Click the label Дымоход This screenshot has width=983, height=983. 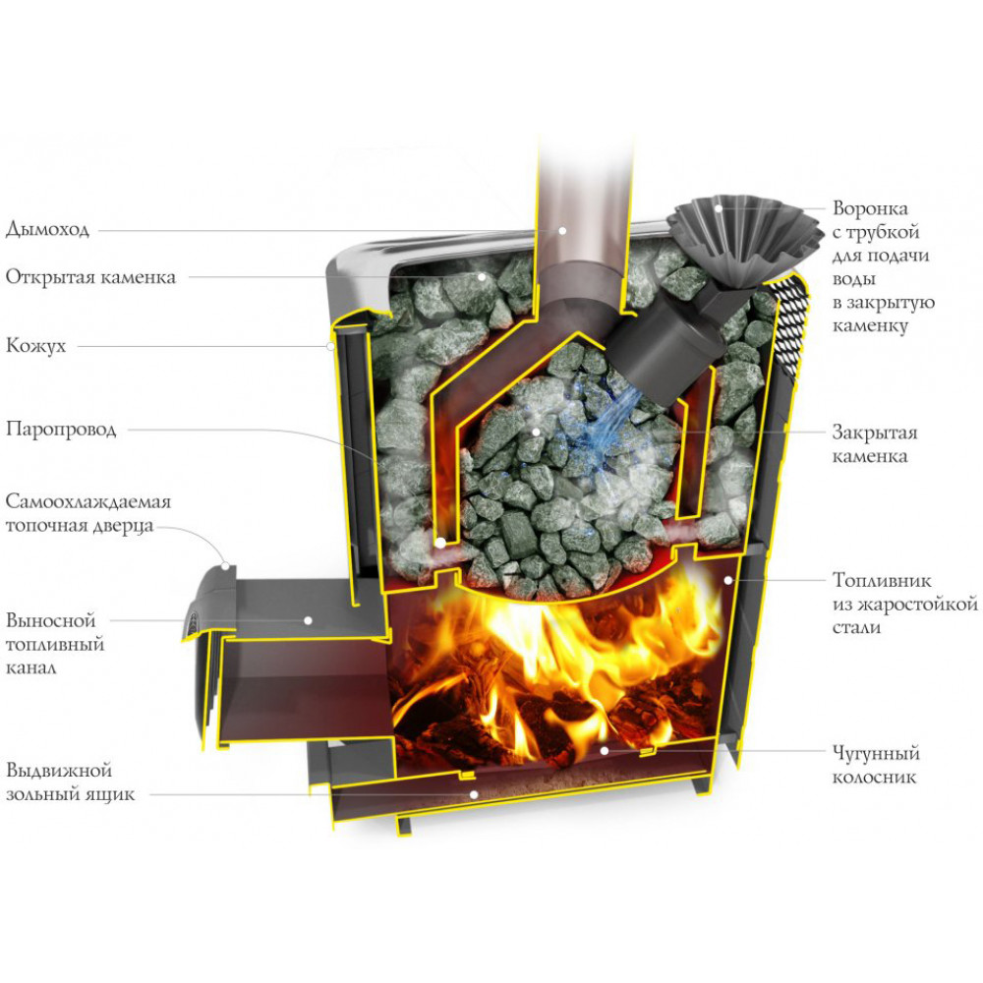tap(47, 229)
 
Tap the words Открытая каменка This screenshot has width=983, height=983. tap(90, 277)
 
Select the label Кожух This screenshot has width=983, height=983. tap(35, 345)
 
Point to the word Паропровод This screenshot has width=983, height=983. tap(61, 430)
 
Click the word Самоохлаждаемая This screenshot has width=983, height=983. tap(88, 501)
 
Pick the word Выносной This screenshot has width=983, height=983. tap(51, 620)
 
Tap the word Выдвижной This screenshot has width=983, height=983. tap(59, 770)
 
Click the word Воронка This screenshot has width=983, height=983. tap(870, 207)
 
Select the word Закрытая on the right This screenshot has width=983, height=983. tap(874, 432)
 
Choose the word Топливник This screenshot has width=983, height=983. tap(882, 580)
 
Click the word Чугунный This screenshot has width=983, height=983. tap(876, 753)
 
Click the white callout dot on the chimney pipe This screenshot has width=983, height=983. tap(562, 231)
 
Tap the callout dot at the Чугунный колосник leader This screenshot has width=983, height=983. tap(604, 750)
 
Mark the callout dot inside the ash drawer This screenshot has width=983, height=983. tap(474, 794)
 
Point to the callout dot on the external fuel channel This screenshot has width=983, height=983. tap(308, 620)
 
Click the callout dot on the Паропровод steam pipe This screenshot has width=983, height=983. tap(440, 543)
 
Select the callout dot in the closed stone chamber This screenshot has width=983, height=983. tap(536, 432)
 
